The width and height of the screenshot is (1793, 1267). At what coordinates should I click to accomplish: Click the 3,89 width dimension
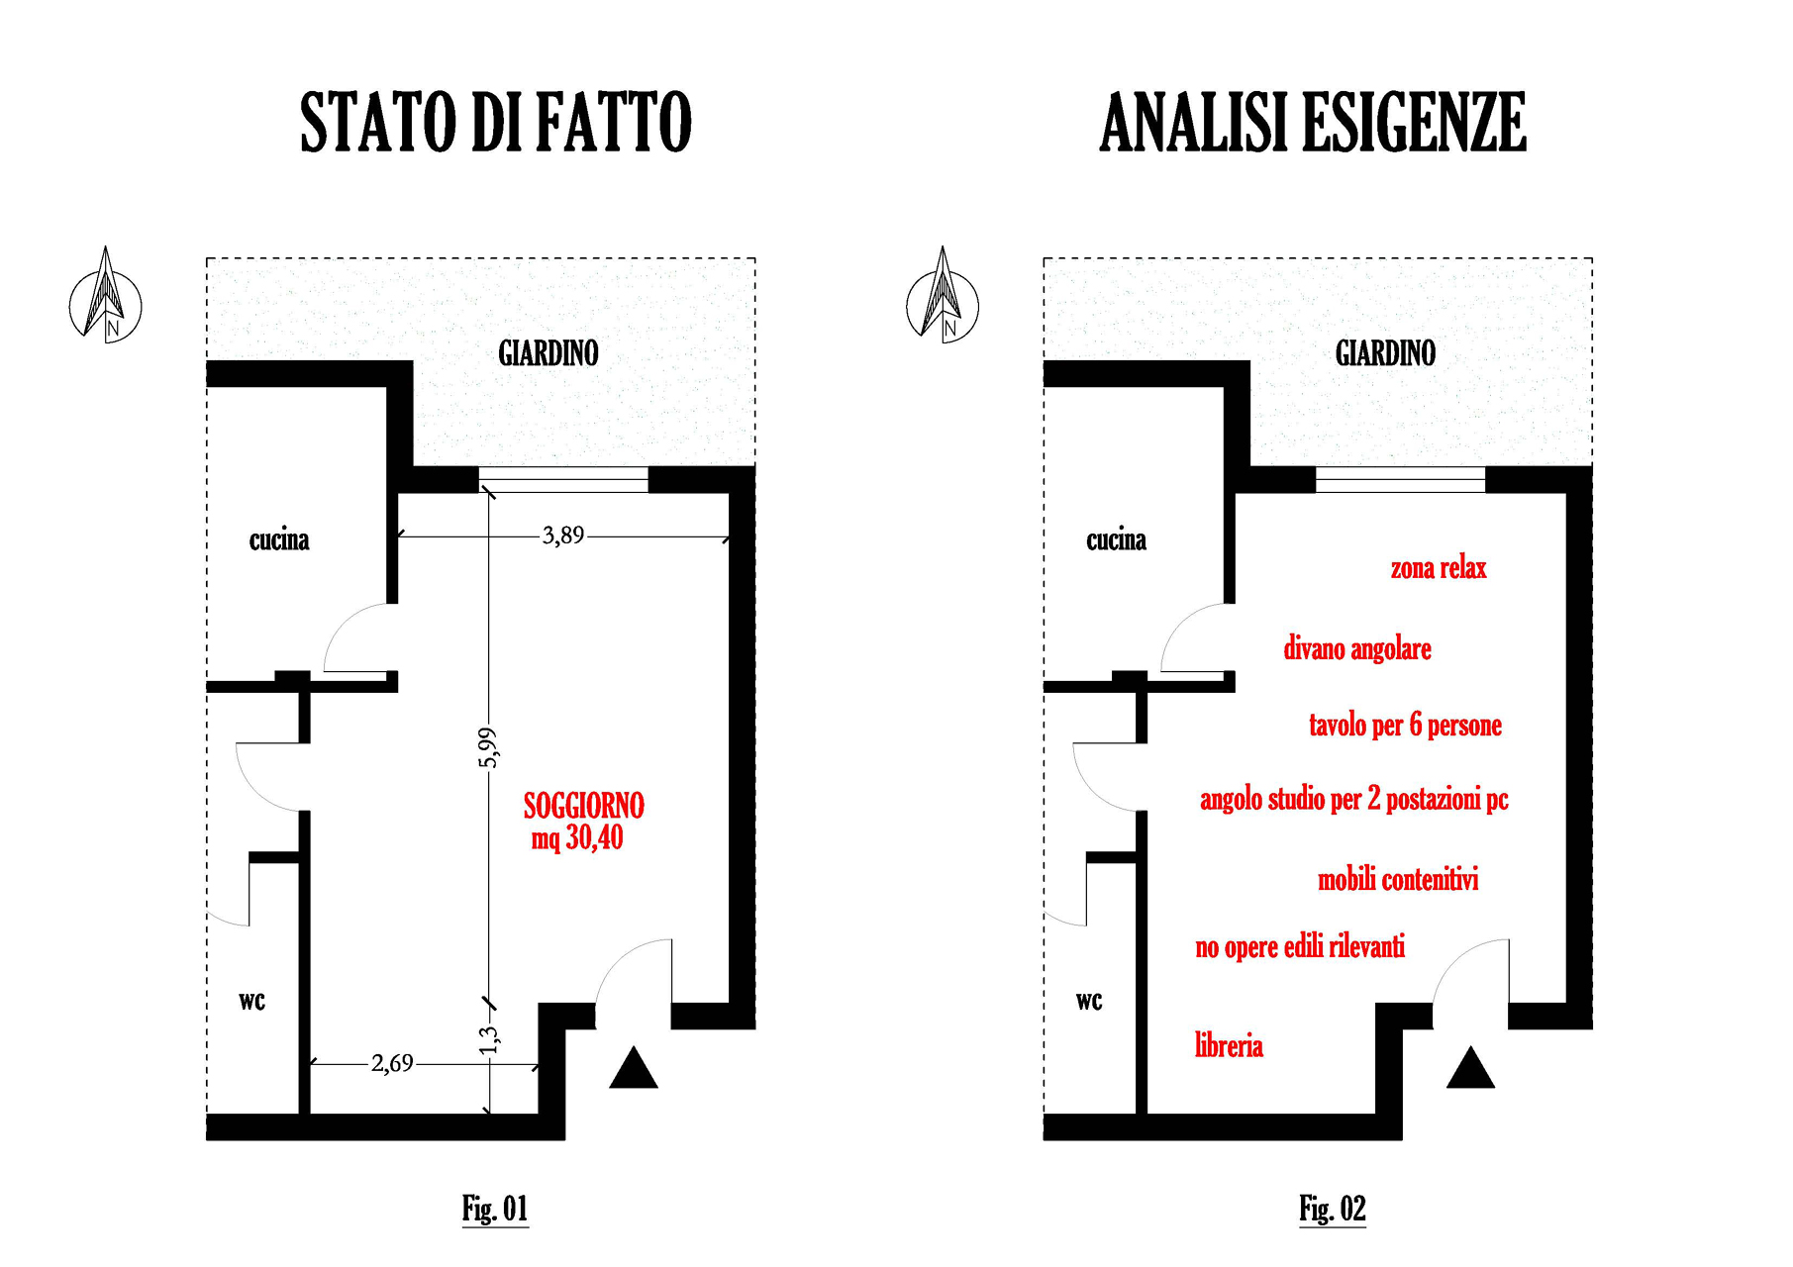tap(563, 536)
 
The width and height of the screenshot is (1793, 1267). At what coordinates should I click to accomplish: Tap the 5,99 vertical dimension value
tap(488, 747)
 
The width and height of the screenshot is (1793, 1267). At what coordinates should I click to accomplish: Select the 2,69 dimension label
tap(392, 1064)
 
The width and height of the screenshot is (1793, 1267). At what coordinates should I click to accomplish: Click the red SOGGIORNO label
tap(584, 806)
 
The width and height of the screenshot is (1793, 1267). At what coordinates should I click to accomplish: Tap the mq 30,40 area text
tap(577, 838)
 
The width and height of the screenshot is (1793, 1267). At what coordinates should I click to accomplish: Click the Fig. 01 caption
tap(495, 1209)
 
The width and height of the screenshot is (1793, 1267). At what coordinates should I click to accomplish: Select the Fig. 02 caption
tap(1333, 1209)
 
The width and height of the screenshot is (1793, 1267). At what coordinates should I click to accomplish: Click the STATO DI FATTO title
tap(496, 122)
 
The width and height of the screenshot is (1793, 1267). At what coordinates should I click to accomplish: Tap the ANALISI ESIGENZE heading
tap(1313, 122)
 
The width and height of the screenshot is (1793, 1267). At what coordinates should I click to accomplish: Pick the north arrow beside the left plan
tap(106, 295)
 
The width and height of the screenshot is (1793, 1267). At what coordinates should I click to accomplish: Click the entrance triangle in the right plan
tap(1470, 1068)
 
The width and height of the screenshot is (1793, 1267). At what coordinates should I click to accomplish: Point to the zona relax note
tap(1439, 568)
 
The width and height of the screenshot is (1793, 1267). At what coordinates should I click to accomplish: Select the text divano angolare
tap(1357, 649)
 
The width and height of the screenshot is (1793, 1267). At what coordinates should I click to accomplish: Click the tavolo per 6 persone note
tap(1405, 726)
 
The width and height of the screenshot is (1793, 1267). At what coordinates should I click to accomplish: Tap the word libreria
tap(1229, 1045)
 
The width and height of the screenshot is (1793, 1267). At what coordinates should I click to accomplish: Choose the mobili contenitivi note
tap(1398, 879)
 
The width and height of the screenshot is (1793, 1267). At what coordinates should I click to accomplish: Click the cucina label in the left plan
tap(279, 540)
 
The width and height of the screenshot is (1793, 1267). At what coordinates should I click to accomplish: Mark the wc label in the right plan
tap(1089, 1001)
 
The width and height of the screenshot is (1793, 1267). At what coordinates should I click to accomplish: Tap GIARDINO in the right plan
tap(1385, 353)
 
